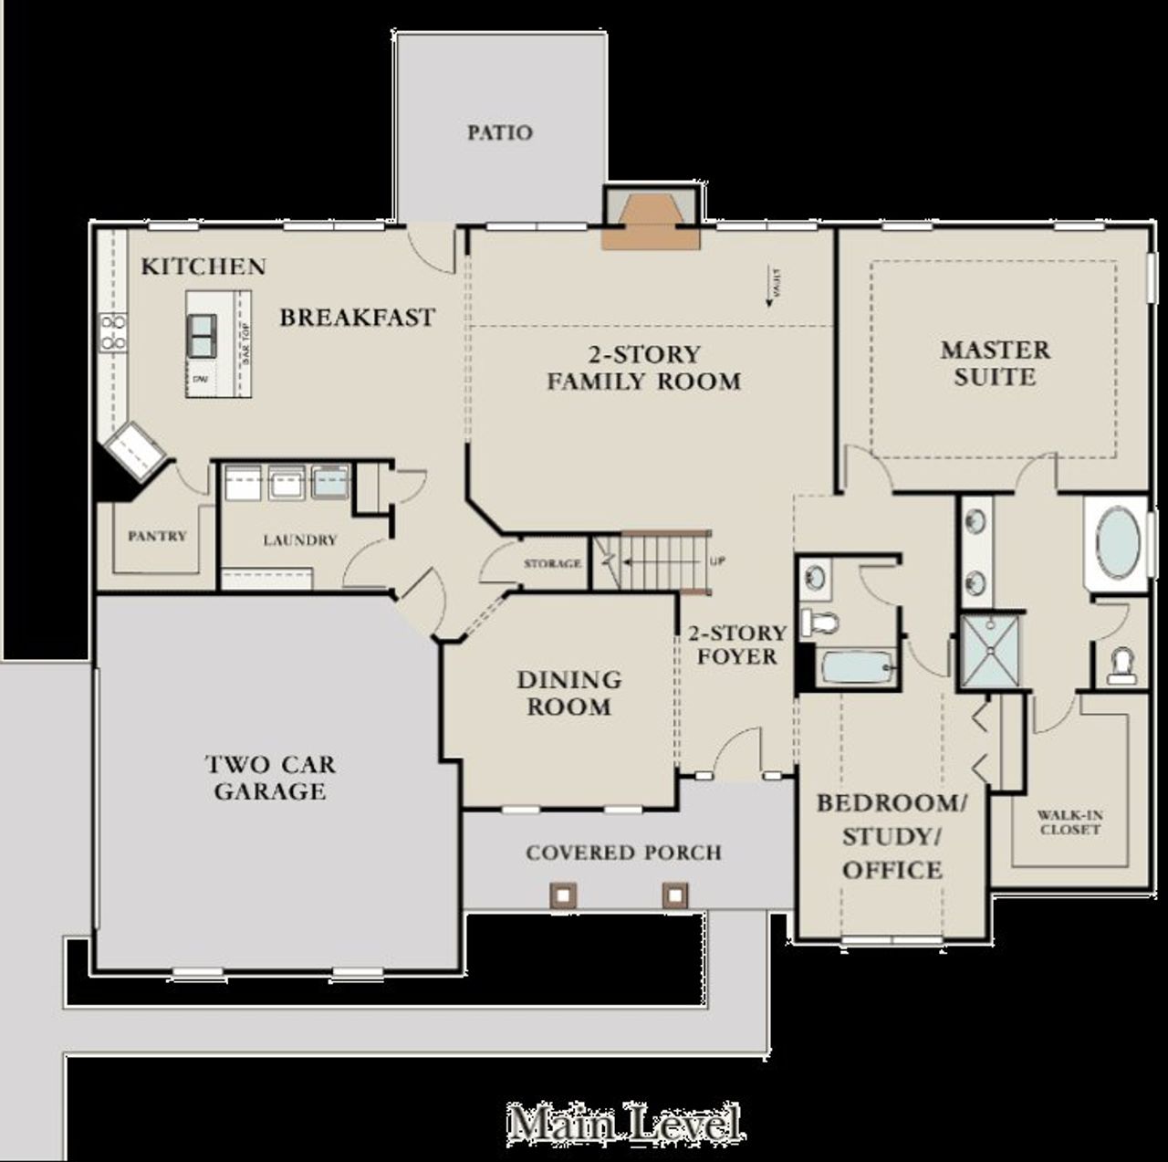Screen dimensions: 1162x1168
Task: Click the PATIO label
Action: pos(499,132)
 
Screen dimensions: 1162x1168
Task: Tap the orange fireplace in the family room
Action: pos(649,220)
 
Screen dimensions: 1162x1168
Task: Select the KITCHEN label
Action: pos(203,267)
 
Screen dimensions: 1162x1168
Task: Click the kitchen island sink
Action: pos(202,336)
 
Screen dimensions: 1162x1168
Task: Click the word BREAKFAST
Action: pos(357,318)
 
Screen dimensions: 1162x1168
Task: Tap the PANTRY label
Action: pos(157,536)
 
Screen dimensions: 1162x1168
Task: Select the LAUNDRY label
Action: pos(299,540)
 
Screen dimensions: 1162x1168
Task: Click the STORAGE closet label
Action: pos(552,563)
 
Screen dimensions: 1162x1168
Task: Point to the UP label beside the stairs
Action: pos(717,561)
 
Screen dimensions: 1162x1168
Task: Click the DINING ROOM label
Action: pos(569,693)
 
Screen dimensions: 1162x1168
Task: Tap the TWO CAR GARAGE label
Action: pos(269,778)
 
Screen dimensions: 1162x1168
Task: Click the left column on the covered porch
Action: pos(561,895)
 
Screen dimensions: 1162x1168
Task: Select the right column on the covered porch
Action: pos(674,895)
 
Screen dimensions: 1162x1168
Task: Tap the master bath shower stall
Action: pos(989,651)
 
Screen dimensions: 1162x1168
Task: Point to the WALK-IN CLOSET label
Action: pos(1069,822)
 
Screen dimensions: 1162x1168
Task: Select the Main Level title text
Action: pos(624,1122)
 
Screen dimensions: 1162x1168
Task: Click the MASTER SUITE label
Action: pos(995,363)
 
